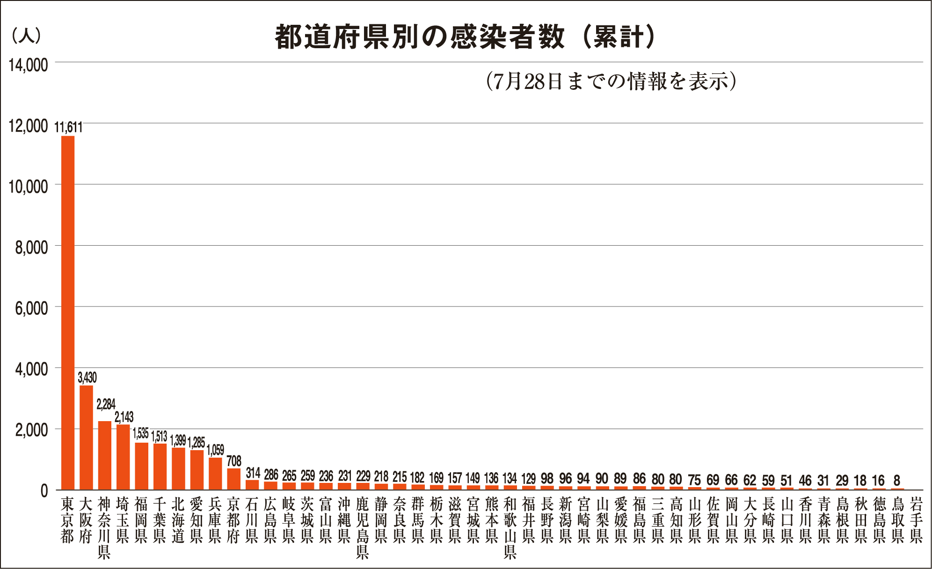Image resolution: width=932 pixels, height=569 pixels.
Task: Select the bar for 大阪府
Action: pyautogui.click(x=86, y=438)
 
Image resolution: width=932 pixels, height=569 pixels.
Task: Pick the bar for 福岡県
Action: pyautogui.click(x=141, y=466)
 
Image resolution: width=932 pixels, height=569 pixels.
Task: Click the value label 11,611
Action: pyautogui.click(x=68, y=127)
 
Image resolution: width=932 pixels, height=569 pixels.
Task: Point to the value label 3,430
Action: pyautogui.click(x=87, y=378)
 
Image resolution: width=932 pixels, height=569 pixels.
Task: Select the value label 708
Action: pyautogui.click(x=234, y=461)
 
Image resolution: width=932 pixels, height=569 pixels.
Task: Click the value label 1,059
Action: pyautogui.click(x=215, y=450)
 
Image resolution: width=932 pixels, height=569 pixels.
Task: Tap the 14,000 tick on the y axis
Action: pyautogui.click(x=28, y=65)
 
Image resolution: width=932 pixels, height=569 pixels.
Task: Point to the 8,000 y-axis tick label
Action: pyautogui.click(x=31, y=248)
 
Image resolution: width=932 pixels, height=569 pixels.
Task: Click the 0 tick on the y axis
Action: pyautogui.click(x=44, y=491)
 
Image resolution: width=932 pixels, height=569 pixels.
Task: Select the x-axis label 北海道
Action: pyautogui.click(x=178, y=520)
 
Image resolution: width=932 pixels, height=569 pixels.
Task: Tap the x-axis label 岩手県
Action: pyautogui.click(x=916, y=520)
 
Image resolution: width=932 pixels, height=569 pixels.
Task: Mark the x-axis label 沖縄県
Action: pyautogui.click(x=344, y=520)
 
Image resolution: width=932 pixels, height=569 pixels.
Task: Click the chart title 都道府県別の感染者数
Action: pyautogui.click(x=419, y=37)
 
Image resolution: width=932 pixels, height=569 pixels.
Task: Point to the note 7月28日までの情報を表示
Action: pyautogui.click(x=611, y=81)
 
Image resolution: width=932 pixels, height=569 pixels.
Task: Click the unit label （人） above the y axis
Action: pyautogui.click(x=26, y=36)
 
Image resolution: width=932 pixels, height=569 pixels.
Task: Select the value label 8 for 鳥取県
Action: pyautogui.click(x=896, y=481)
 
